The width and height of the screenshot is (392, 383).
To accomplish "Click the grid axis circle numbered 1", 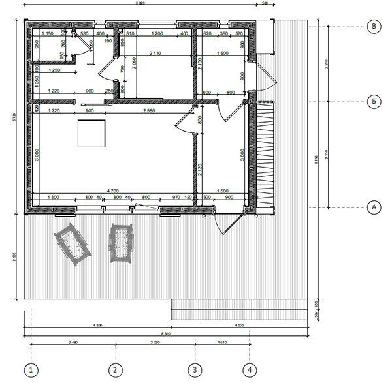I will (31, 370).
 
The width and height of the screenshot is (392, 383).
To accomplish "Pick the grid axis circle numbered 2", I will (115, 370).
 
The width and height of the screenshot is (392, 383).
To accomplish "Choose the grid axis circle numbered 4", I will (250, 370).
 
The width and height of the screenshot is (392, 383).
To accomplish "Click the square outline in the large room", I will (91, 134).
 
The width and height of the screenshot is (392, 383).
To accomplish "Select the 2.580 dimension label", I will (150, 112).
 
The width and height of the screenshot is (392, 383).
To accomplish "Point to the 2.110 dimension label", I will (155, 52).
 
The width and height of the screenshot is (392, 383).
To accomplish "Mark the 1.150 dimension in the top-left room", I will (47, 33).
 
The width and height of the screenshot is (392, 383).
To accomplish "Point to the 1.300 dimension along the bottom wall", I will (54, 197).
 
